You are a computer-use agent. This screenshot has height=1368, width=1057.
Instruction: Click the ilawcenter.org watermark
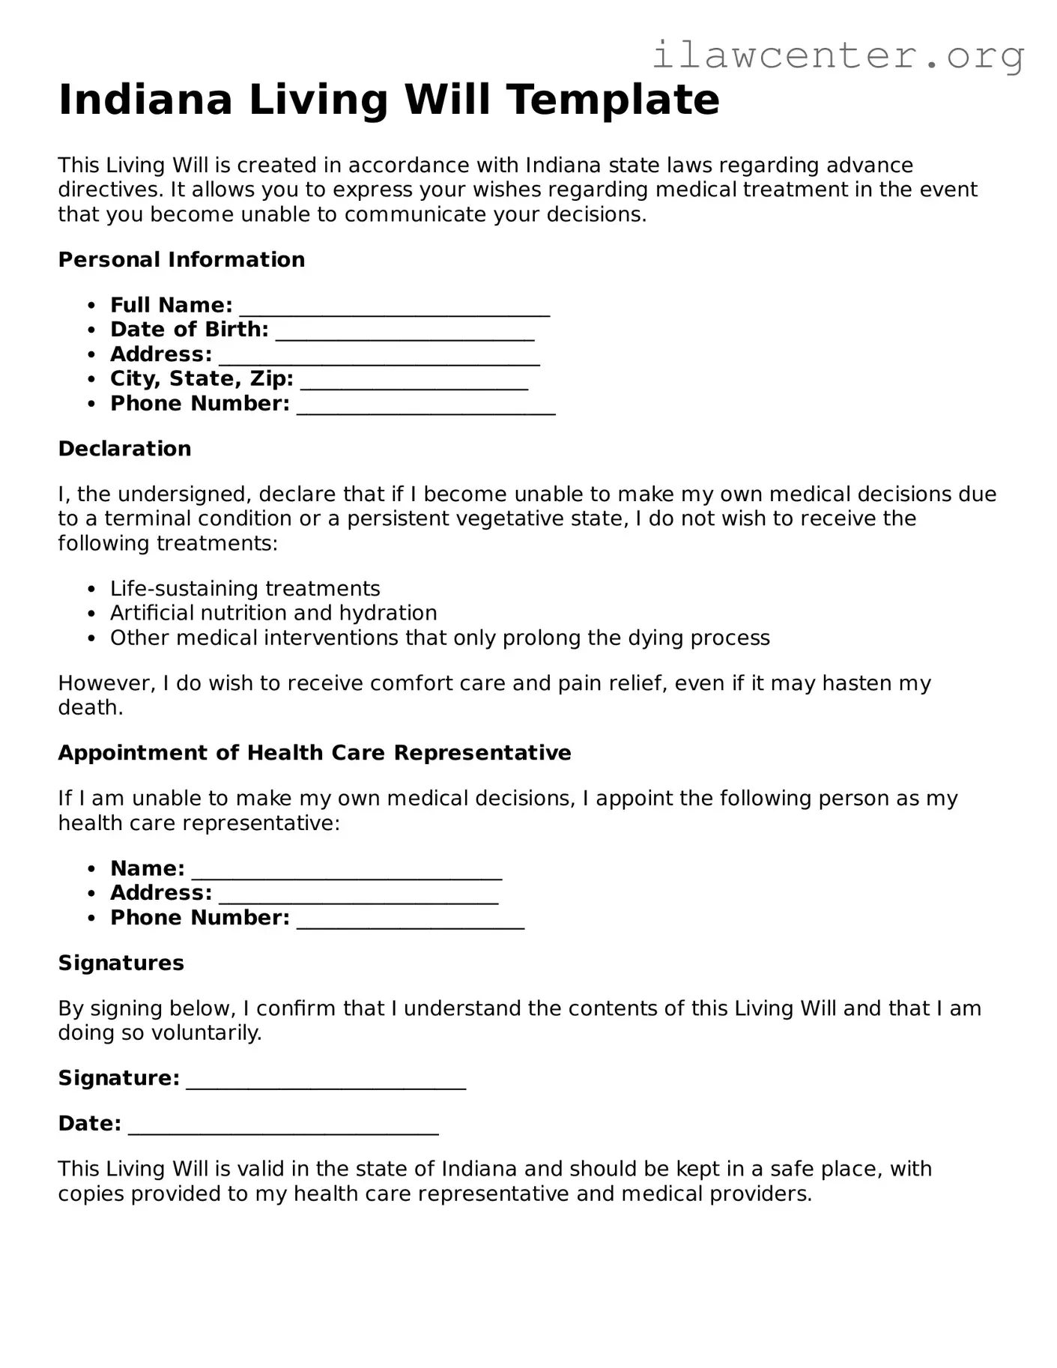click(x=838, y=55)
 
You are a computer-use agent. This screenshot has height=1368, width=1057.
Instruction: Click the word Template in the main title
click(x=612, y=100)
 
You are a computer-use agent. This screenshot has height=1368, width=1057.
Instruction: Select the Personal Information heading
click(x=181, y=260)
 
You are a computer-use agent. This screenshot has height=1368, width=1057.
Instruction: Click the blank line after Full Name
click(x=394, y=307)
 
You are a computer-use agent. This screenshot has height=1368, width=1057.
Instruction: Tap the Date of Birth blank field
click(x=405, y=332)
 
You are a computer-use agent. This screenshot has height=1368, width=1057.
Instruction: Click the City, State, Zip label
click(x=202, y=379)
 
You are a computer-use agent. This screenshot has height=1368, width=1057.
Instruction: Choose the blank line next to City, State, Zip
click(x=414, y=381)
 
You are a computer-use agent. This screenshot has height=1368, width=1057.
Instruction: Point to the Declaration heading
click(x=124, y=449)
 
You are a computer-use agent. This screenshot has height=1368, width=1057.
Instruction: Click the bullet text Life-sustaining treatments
click(x=245, y=589)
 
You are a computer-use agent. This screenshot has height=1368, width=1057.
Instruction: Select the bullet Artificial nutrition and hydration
click(x=273, y=614)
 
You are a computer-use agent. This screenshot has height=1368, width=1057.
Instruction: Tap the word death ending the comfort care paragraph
click(x=90, y=708)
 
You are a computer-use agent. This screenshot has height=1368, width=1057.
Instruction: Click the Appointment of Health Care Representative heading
click(x=315, y=753)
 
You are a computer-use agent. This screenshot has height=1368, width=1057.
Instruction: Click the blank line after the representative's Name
click(x=347, y=871)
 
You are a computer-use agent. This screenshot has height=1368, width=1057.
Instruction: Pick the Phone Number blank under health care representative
click(x=411, y=920)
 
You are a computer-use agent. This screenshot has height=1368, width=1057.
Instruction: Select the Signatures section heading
click(x=121, y=963)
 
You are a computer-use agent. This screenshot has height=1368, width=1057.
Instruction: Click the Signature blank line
click(x=326, y=1080)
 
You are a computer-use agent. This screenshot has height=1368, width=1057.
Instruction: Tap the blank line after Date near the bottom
click(x=283, y=1126)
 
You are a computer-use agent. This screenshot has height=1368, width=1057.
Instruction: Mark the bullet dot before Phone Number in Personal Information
click(x=91, y=404)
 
